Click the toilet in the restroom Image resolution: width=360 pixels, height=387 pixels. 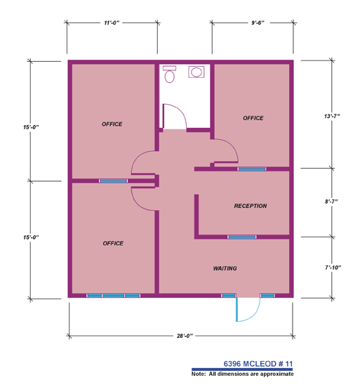click(x=169, y=74)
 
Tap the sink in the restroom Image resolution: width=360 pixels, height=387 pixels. click(x=196, y=72)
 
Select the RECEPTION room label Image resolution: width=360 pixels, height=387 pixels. click(x=251, y=206)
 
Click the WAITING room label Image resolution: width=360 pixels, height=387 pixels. click(x=225, y=268)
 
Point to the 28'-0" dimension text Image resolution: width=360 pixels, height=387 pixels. click(x=185, y=336)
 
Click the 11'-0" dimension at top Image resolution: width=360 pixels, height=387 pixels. click(x=112, y=22)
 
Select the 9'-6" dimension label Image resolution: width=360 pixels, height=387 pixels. click(x=258, y=22)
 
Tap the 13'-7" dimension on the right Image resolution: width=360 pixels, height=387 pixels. click(x=332, y=116)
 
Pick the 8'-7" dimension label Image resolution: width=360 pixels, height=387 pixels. click(x=331, y=202)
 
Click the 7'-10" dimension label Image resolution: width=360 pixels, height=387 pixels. click(x=333, y=268)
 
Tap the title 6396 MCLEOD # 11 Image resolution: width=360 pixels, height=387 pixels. click(x=258, y=364)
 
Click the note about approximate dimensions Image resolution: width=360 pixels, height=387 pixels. click(x=242, y=374)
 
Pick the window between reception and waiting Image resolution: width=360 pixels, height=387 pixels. click(x=241, y=237)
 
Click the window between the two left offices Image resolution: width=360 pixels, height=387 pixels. click(x=114, y=181)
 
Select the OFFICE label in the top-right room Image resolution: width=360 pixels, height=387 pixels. click(x=253, y=118)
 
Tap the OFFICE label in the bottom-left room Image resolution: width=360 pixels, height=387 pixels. click(x=113, y=243)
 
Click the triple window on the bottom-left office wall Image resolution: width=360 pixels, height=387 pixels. click(x=114, y=296)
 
